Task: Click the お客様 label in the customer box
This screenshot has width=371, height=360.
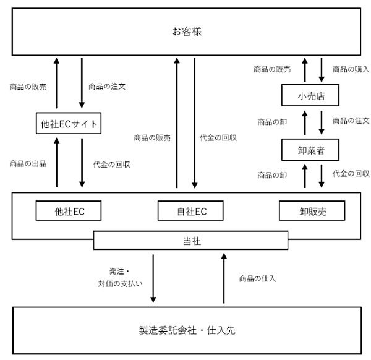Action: (x=187, y=30)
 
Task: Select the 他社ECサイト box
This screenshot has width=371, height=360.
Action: (x=68, y=125)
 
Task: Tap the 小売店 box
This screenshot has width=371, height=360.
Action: (x=312, y=95)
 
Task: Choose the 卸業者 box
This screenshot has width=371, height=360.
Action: (x=312, y=149)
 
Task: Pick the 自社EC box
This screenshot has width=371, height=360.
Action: (x=190, y=212)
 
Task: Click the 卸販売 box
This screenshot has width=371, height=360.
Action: (x=312, y=212)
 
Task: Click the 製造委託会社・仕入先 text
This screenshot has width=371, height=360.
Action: (x=187, y=330)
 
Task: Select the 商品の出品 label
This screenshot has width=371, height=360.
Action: (x=28, y=164)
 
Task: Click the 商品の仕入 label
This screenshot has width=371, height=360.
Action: (x=257, y=278)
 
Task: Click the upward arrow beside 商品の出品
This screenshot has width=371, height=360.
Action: (x=56, y=163)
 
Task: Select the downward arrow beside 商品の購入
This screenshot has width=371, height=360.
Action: (x=321, y=69)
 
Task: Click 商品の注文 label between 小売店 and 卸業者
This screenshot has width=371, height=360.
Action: (x=351, y=121)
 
